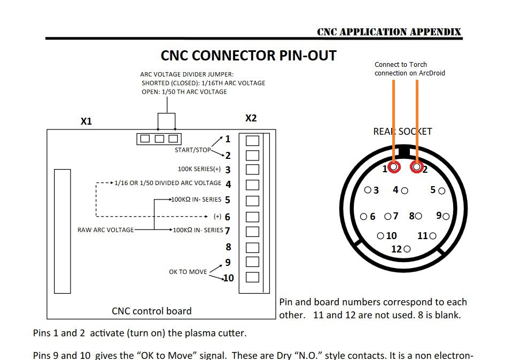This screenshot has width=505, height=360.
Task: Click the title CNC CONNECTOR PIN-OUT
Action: [248, 56]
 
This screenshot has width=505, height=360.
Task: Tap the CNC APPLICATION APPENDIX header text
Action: [389, 32]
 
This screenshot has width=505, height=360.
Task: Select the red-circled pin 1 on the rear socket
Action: [394, 167]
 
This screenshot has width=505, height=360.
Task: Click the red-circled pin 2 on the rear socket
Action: [416, 167]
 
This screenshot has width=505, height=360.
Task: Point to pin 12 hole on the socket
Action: [407, 249]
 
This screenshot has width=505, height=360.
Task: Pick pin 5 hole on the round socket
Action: [441, 190]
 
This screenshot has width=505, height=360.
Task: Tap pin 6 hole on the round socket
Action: [363, 217]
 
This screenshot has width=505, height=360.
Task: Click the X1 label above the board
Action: [86, 121]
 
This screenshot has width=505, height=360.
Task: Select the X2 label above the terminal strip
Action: [251, 118]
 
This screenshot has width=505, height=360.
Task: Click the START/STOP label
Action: [192, 150]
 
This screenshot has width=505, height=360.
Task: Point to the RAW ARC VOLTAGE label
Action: [106, 230]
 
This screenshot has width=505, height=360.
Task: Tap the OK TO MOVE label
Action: [188, 272]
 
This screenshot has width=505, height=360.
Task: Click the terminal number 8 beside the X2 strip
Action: [228, 247]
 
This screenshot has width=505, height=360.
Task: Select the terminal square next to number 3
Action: [252, 170]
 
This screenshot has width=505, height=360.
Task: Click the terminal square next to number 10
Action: [252, 277]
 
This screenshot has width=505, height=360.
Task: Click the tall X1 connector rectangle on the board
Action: [63, 231]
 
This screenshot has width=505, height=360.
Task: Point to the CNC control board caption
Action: [151, 311]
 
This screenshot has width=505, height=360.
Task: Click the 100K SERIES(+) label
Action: [199, 170]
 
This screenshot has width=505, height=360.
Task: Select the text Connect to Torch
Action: [401, 65]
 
